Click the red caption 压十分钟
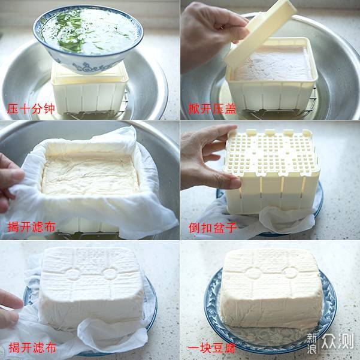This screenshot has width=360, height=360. tap(31, 108)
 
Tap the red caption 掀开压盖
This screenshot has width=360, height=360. tap(212, 108)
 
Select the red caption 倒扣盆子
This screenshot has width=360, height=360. tap(213, 228)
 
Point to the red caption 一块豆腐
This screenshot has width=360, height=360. tap(211, 347)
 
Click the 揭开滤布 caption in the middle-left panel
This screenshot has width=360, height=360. tap(32, 227)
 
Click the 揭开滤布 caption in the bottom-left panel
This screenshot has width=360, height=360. tap(32, 347)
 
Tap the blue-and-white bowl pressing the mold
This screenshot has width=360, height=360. tap(88, 39)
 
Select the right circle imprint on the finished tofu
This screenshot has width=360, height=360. tap(291, 273)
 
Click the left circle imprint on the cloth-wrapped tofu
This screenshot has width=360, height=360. tap(73, 274)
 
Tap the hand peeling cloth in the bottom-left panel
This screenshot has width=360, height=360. tap(10, 310)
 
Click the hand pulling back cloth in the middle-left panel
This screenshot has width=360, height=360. tap(10, 181)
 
